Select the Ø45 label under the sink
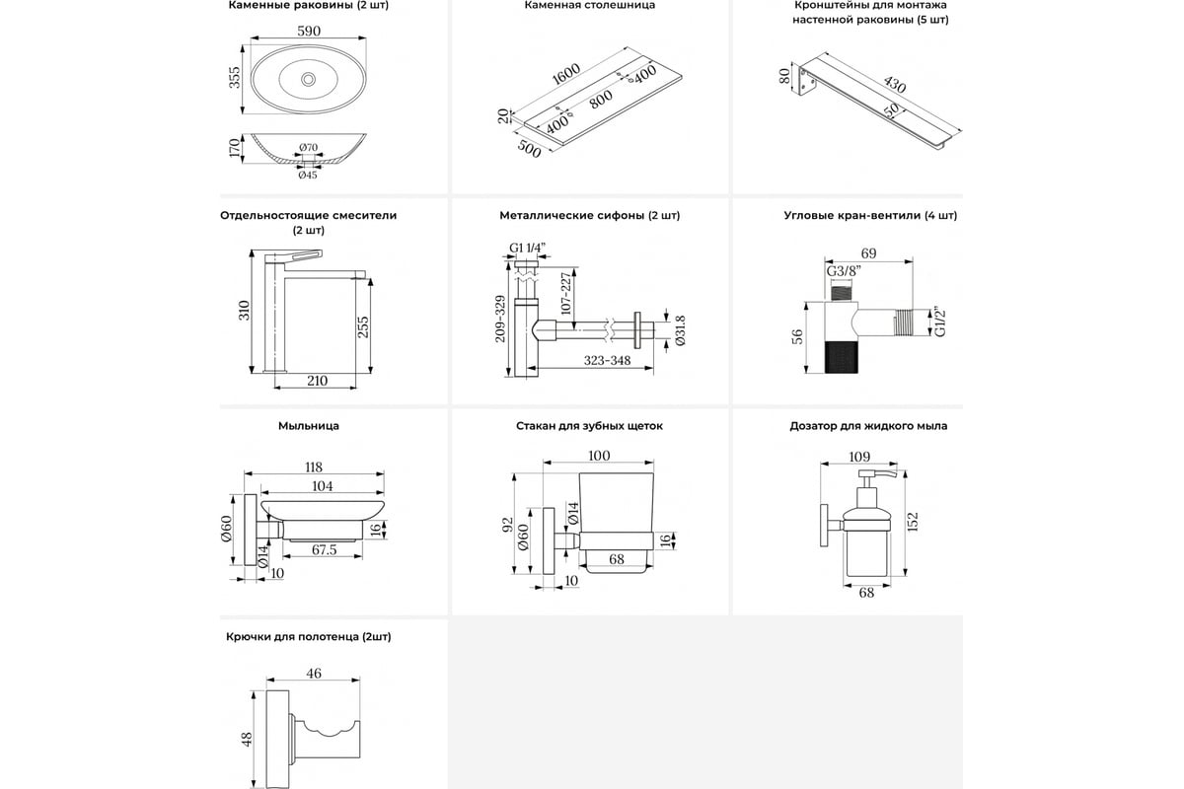(308, 176)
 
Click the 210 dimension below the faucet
(316, 381)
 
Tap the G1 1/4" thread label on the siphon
(528, 248)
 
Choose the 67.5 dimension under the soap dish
(325, 549)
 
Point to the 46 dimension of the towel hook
(313, 674)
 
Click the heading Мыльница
(309, 426)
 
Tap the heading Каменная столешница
(590, 5)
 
